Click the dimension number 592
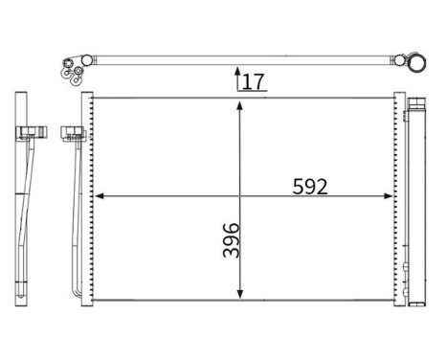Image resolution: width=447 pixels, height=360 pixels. point(310,187)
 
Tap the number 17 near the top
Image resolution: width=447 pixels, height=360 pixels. point(253,81)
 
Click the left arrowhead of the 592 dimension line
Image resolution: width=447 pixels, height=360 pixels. point(98,198)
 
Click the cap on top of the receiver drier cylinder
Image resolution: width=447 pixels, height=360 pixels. point(418,103)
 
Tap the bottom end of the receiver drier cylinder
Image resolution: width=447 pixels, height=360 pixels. point(417,300)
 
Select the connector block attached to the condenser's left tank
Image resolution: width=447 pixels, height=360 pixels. point(71,132)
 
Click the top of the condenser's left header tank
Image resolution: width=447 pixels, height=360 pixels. point(87,97)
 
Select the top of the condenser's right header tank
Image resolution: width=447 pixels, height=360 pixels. point(398,97)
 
